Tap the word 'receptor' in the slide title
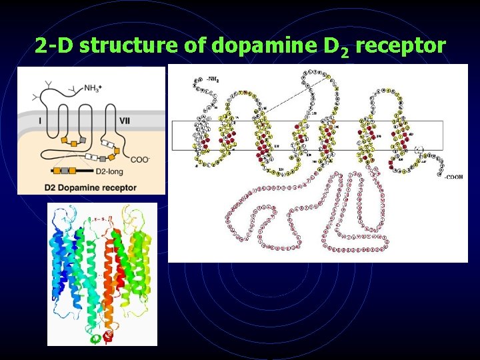pos(401,46)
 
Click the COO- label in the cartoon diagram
pos(141,159)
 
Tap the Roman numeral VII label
pos(125,121)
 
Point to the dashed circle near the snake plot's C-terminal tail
pos(419,151)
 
